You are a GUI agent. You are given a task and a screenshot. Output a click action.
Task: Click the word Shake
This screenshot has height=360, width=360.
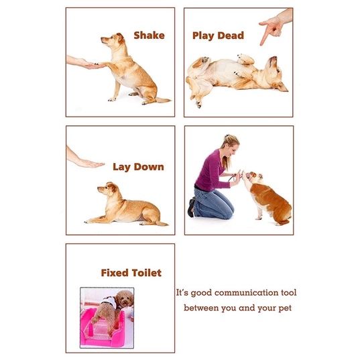[x=149, y=36]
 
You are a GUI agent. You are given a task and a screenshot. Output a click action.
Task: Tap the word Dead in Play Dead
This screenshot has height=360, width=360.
[x=231, y=36]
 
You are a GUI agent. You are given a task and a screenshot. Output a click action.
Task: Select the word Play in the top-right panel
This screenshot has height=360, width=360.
[x=203, y=36]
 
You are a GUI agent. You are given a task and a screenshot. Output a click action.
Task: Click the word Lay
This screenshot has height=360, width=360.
[x=121, y=167]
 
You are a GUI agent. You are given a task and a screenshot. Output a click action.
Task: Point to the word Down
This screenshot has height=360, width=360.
[x=149, y=167]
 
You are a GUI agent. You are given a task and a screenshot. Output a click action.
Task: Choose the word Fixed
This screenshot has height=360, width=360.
[x=115, y=273]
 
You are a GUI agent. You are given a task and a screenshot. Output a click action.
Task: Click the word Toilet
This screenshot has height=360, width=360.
[x=147, y=273]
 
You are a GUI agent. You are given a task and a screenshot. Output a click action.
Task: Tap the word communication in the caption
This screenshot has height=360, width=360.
[x=246, y=293]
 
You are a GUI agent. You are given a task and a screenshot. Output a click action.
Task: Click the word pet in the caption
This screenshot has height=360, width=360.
[x=285, y=308]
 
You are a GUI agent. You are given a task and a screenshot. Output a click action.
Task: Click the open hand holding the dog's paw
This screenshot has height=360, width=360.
[x=88, y=64]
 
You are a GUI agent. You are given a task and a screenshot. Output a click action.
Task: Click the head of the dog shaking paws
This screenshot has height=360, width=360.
[x=113, y=40]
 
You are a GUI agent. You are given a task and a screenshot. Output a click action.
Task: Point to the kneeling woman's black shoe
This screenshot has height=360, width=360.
[x=191, y=208]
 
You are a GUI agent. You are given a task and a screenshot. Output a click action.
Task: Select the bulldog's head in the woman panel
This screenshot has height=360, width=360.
[x=253, y=177]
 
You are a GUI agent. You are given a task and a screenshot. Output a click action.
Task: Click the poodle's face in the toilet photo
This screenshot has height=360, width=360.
[x=125, y=299]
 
